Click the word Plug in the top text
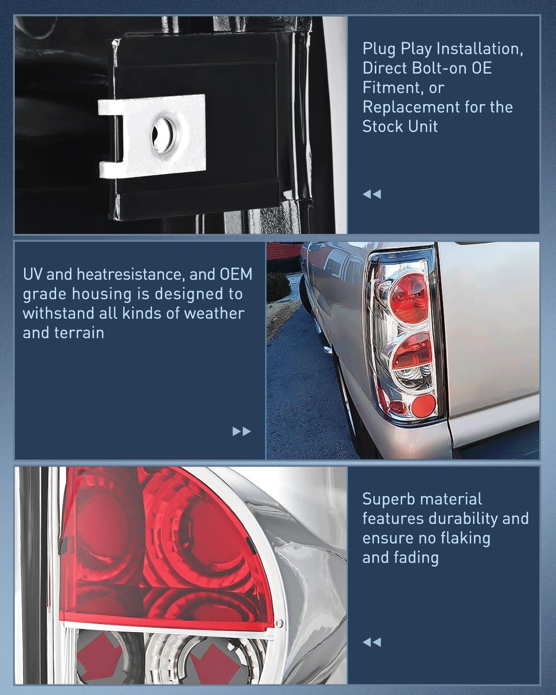tap(379, 49)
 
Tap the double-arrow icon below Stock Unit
tap(372, 194)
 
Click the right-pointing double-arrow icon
tap(241, 432)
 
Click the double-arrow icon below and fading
tap(372, 642)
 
